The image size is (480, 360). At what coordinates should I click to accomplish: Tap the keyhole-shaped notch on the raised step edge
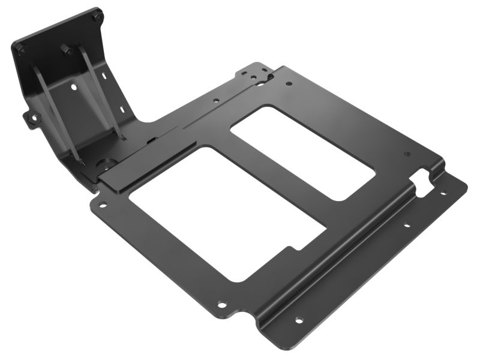pyautogui.click(x=424, y=179)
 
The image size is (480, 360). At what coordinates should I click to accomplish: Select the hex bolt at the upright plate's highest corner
pyautogui.click(x=97, y=17)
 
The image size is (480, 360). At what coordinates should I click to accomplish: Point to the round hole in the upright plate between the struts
pyautogui.click(x=74, y=88)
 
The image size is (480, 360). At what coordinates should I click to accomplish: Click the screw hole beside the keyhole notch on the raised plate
pyautogui.click(x=407, y=154)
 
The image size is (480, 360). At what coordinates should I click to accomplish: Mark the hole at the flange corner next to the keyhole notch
pyautogui.click(x=443, y=193)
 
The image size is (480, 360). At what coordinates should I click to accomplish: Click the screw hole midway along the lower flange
pyautogui.click(x=406, y=226)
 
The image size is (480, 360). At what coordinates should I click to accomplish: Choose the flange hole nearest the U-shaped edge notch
pyautogui.click(x=298, y=320)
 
